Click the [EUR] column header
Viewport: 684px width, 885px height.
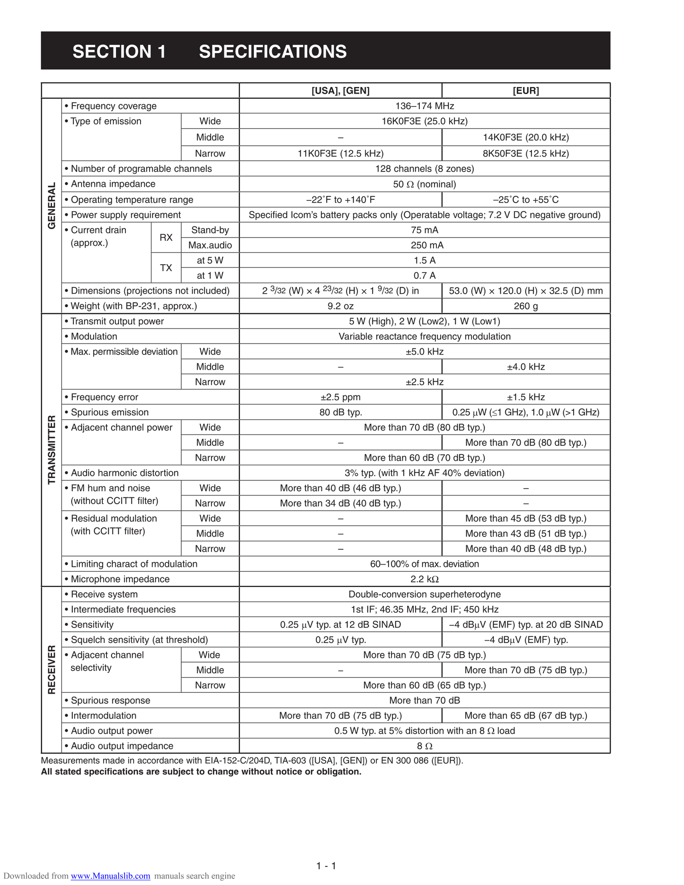pos(525,90)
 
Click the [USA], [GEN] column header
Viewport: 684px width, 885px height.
pos(340,90)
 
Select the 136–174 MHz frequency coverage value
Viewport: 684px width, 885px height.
pos(424,106)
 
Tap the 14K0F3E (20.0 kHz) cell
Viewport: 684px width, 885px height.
pos(525,137)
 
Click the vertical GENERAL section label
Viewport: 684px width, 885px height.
pos(52,205)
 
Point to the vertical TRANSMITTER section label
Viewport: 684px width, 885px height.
pos(52,450)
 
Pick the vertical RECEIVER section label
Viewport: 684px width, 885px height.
pos(52,669)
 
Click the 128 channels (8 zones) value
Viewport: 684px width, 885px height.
pos(424,169)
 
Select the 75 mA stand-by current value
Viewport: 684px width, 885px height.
pos(424,230)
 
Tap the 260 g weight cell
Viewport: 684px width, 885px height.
pos(525,306)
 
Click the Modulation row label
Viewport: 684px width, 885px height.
pos(94,336)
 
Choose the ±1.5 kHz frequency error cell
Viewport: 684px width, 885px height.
pos(525,397)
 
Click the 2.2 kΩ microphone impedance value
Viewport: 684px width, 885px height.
pos(424,579)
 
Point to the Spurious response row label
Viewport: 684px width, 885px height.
pos(110,700)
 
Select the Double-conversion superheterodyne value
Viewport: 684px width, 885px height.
pos(424,594)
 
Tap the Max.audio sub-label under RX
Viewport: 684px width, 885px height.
pos(210,245)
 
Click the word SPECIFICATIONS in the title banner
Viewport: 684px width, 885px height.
pos(273,52)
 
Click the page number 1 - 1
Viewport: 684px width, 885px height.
pos(326,866)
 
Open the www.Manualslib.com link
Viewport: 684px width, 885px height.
pos(110,876)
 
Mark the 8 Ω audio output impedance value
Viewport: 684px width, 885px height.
pos(424,746)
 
